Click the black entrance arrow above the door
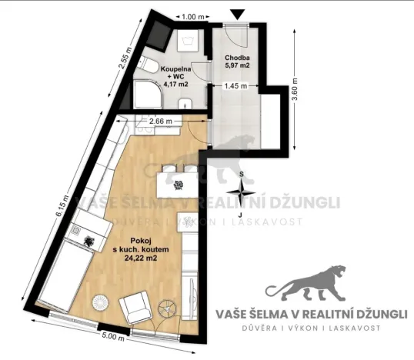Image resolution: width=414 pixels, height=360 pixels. point(237,15)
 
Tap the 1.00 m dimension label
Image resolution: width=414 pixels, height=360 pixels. point(193,17)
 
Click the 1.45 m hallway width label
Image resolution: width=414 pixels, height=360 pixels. point(235,86)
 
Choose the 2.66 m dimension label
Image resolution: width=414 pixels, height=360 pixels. point(161,121)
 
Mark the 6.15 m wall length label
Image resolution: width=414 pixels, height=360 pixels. point(62,206)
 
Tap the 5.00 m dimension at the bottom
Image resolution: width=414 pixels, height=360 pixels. point(113,337)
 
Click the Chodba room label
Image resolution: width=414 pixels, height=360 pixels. point(237,58)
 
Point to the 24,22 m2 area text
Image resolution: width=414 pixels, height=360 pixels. point(141,258)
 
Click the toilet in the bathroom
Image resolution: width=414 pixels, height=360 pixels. point(147,65)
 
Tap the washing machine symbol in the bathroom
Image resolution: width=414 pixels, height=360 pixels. point(188,41)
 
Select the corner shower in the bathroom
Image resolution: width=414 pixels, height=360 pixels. point(148,95)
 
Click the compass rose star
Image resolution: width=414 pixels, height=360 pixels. point(241,192)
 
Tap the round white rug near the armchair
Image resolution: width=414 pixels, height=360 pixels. point(100,302)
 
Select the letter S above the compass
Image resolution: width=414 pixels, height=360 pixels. point(241,174)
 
